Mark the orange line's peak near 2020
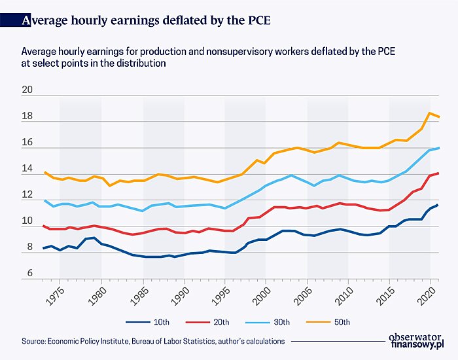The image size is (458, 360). coord(429,113)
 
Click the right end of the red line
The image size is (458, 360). coord(438,173)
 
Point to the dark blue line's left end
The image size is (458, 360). coord(43,248)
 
